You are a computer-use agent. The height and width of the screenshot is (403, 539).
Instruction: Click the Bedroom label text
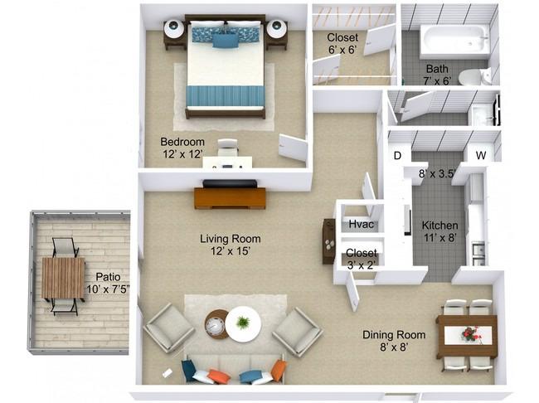182,142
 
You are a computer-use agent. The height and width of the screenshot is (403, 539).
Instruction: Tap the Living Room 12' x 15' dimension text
230,251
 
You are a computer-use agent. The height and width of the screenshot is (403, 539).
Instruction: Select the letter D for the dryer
397,156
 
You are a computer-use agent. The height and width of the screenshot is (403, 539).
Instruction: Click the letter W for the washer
481,155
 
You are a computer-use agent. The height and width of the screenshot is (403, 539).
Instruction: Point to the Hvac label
361,224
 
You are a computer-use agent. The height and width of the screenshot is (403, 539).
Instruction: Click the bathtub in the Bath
454,41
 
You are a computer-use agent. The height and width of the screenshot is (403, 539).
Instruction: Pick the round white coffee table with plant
243,324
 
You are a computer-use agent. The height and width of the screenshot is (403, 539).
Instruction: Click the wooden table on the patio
63,278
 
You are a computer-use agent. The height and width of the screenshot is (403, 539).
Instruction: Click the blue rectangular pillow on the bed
226,41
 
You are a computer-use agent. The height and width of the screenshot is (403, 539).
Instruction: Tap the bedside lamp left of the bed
174,29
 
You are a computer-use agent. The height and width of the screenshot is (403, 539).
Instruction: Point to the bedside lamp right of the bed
276,29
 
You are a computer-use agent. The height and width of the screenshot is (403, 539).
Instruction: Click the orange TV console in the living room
230,198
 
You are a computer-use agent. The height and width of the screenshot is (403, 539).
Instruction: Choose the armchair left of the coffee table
169,328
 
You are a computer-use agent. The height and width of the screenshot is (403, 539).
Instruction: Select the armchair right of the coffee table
298,332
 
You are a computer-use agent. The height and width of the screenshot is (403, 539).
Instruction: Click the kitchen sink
478,254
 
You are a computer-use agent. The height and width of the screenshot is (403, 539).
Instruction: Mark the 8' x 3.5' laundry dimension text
437,173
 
